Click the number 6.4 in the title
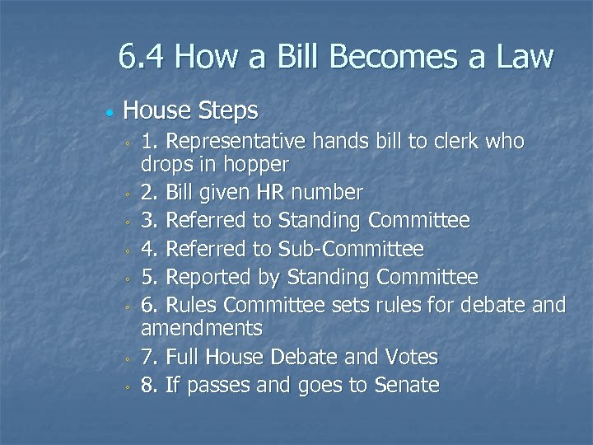[x=142, y=57]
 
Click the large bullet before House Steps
[x=107, y=111]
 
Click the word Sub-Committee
[x=352, y=248]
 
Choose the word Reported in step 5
[x=212, y=275]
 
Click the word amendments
[x=202, y=328]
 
